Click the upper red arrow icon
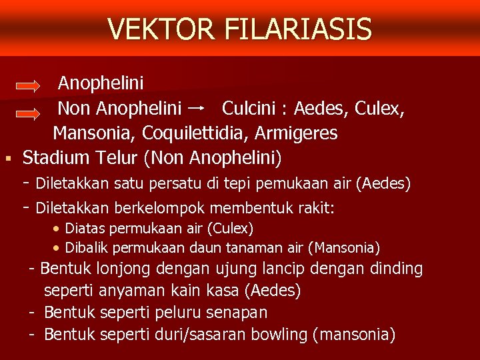click(x=29, y=86)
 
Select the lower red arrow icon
click(x=29, y=115)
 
